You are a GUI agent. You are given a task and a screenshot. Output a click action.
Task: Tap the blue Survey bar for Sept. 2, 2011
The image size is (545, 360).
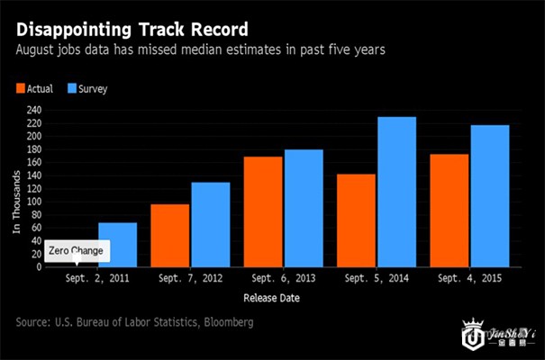[x=117, y=245]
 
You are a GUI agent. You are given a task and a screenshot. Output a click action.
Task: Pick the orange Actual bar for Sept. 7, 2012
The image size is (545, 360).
[x=169, y=236]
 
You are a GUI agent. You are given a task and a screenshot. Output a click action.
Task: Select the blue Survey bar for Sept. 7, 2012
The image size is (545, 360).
[x=210, y=225]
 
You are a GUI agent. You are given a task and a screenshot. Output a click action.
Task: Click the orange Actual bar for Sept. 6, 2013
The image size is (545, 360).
[x=262, y=211]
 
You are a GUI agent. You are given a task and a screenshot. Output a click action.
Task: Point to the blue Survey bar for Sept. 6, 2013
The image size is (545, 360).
[x=303, y=208]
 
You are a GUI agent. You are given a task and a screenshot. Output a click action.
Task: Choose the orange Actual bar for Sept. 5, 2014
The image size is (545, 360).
[x=355, y=220]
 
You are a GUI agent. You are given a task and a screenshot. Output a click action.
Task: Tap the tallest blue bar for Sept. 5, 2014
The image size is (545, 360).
[x=396, y=192]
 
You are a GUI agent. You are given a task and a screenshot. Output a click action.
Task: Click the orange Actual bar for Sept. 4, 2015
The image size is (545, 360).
[x=448, y=211]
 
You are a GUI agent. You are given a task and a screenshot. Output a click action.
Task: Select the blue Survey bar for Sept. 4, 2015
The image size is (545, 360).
[x=489, y=196]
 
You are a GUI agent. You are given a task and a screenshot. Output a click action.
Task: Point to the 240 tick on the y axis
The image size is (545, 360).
[x=33, y=110]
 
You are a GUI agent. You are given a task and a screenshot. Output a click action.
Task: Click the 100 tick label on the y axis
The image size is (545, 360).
[x=33, y=202]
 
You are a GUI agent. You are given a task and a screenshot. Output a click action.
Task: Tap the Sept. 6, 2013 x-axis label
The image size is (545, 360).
[x=283, y=279]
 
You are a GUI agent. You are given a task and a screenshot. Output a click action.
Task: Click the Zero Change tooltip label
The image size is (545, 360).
[x=76, y=250]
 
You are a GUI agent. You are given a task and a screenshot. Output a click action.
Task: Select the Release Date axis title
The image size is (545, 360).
[x=272, y=297]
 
